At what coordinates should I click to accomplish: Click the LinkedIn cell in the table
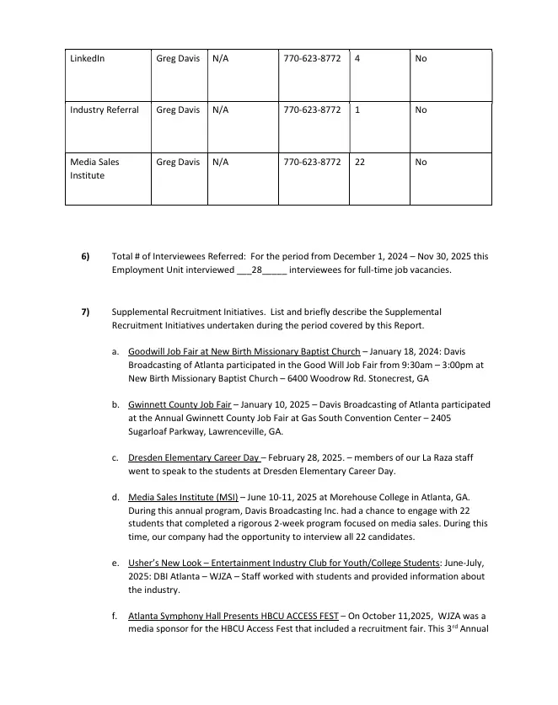(88, 59)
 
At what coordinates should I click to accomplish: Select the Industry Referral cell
(105, 110)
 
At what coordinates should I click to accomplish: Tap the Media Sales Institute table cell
(94, 169)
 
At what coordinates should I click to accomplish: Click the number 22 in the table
(360, 162)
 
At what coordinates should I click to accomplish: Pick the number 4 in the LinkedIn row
(358, 59)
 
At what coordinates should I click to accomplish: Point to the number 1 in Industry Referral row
(358, 110)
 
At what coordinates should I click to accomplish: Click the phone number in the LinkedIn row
(312, 59)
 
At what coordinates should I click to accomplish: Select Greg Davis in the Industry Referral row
(178, 110)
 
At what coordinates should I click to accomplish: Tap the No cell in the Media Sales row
(421, 162)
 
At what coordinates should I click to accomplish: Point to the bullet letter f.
(115, 617)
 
